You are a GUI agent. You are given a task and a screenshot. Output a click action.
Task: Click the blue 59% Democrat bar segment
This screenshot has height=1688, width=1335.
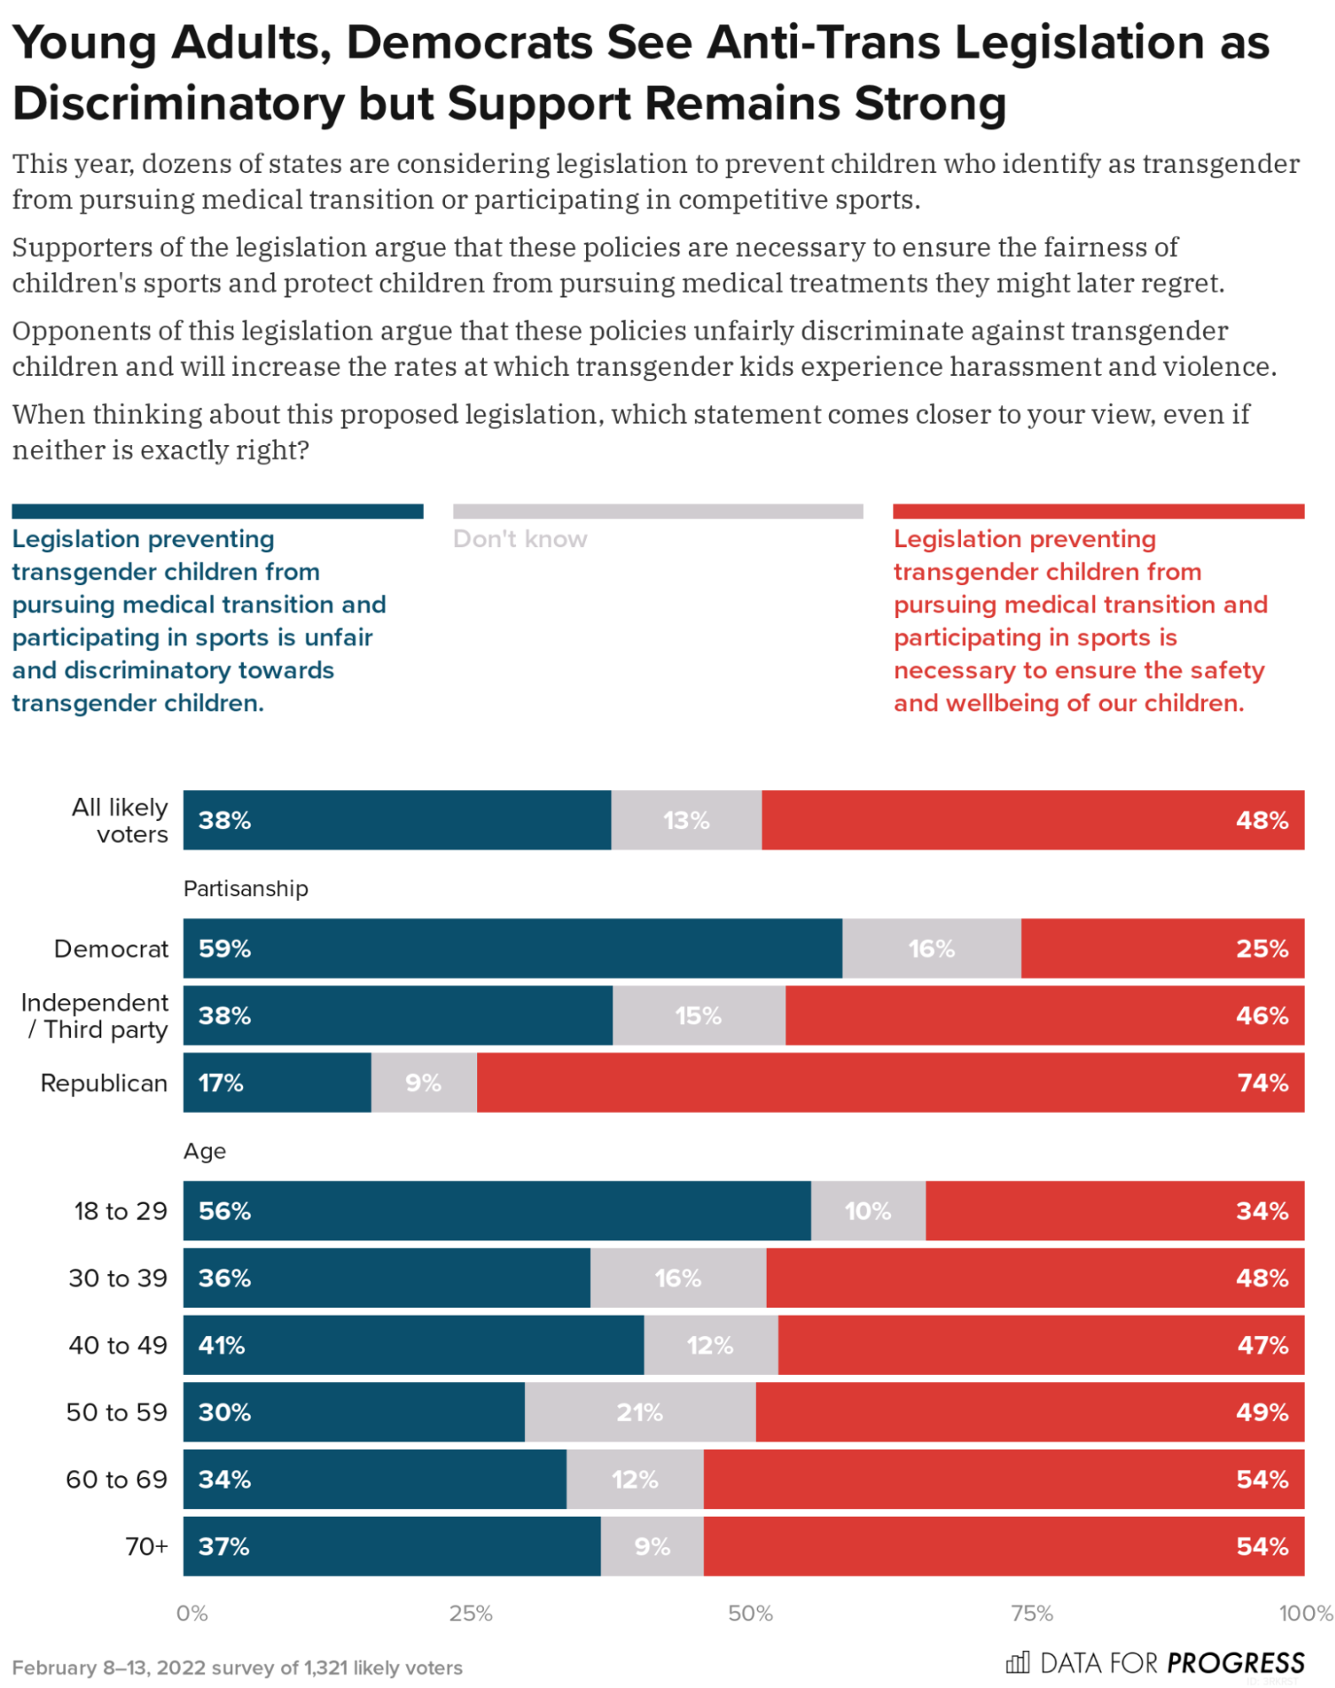click(x=512, y=947)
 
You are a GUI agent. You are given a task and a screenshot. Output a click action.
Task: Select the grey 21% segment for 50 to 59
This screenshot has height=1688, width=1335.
click(x=639, y=1411)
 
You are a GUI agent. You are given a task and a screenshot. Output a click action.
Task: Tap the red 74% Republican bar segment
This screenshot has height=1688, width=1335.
click(x=889, y=1082)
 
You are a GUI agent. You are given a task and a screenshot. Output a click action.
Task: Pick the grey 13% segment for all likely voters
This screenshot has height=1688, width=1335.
click(x=686, y=820)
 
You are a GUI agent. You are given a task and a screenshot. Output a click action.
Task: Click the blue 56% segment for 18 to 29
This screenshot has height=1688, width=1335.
click(x=497, y=1210)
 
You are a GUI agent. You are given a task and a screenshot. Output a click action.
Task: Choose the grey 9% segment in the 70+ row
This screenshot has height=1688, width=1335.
click(x=652, y=1545)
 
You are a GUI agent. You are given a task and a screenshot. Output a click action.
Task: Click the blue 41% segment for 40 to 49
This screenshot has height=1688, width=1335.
click(x=413, y=1344)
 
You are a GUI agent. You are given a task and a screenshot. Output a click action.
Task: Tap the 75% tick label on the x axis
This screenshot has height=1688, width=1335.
click(x=1031, y=1613)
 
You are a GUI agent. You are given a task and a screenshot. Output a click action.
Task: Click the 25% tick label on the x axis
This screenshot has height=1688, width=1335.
click(x=470, y=1613)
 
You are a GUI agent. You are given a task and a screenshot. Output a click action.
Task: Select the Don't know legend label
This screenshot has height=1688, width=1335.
click(x=519, y=539)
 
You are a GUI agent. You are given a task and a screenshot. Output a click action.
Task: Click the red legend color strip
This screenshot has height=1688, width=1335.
click(x=1098, y=511)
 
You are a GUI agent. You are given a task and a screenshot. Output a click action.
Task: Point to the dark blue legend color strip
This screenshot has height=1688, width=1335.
click(x=217, y=511)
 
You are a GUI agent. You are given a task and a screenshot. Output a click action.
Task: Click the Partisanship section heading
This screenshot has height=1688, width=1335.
click(x=246, y=888)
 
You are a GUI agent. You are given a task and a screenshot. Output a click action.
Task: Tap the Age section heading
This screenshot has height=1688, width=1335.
click(x=204, y=1151)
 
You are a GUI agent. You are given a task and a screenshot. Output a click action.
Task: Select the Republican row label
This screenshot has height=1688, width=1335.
click(x=104, y=1083)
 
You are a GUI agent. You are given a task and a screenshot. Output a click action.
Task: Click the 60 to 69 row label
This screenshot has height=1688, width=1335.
click(x=117, y=1479)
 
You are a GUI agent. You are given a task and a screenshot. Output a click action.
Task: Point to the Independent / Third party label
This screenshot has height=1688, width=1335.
click(x=95, y=1015)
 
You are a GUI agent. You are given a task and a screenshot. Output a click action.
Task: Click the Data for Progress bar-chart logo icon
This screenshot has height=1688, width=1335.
click(x=1018, y=1662)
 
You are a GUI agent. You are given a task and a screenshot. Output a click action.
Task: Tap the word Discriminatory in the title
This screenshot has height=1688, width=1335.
click(x=178, y=104)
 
